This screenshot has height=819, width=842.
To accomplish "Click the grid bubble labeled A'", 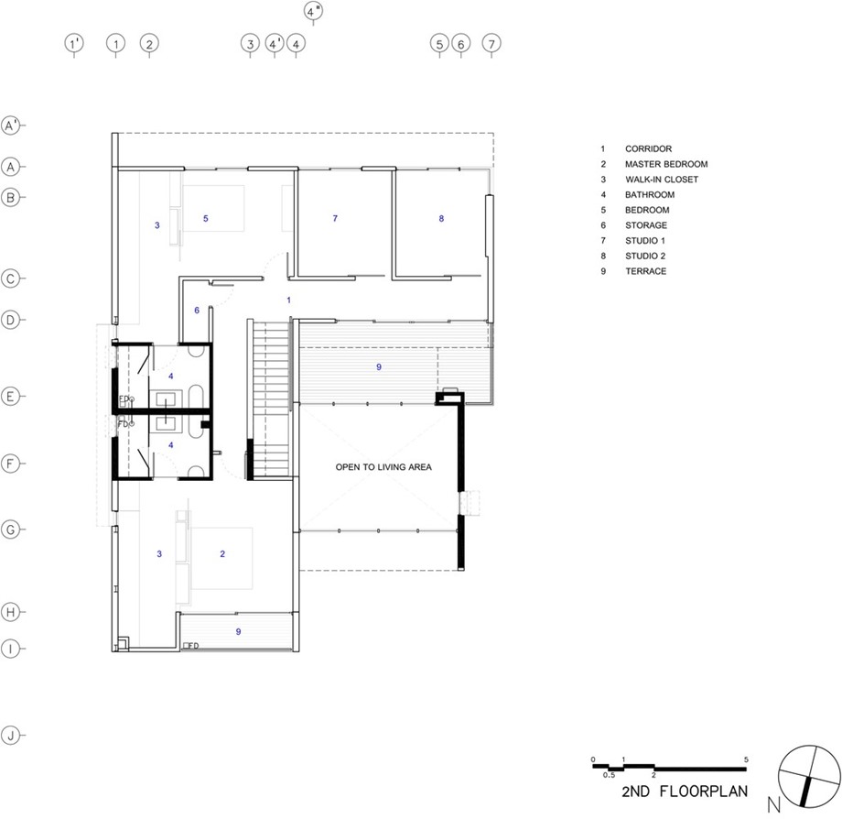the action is (11, 126).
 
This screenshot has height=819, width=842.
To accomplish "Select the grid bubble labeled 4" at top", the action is (314, 11).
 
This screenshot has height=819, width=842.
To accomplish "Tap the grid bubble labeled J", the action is (11, 735).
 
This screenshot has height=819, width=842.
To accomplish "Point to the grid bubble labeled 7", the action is (491, 44).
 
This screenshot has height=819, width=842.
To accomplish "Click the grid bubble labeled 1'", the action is (74, 44).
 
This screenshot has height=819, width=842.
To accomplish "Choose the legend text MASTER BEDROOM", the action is (666, 164).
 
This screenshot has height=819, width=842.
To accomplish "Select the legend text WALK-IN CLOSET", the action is (662, 180).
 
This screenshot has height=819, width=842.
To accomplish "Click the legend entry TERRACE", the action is (645, 271).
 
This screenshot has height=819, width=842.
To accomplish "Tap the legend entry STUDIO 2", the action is (645, 256).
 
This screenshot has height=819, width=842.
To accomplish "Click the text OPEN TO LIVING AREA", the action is (383, 467).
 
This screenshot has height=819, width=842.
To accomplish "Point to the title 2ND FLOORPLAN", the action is (685, 791).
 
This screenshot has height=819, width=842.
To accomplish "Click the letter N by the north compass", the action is (773, 804).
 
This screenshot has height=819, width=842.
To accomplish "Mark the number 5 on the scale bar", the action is (746, 759).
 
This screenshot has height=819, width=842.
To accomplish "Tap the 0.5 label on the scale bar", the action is (609, 775).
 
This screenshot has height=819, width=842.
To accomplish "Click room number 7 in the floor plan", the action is (335, 218).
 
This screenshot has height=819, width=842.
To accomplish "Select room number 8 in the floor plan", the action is (441, 218).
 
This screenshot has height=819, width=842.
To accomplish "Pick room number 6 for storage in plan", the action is (197, 310).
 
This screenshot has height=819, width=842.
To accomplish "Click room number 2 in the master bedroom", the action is (222, 553).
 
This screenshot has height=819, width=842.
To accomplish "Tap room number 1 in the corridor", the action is (288, 300).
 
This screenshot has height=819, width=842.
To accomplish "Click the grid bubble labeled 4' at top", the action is (275, 44).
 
